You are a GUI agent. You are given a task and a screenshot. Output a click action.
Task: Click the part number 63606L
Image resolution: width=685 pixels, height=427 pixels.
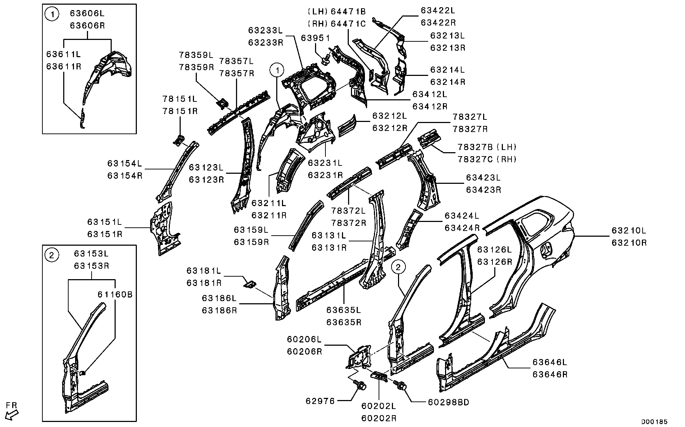pos(87,14)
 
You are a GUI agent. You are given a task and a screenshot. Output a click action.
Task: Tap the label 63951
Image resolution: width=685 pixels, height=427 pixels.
pos(315,38)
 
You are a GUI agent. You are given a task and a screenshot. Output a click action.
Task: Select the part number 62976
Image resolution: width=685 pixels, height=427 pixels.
pos(320,401)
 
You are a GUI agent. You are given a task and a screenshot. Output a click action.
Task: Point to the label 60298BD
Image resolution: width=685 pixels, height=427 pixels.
pos(449,402)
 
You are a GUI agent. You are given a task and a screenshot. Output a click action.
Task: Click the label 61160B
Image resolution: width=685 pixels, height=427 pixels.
pos(115,295)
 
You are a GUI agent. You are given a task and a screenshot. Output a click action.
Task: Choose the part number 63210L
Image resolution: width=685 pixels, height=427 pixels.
pos(629,231)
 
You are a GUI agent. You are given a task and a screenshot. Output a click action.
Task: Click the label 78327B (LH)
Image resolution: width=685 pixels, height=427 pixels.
pos(487,147)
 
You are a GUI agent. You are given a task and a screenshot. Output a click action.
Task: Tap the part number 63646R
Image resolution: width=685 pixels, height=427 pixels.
pos(550,374)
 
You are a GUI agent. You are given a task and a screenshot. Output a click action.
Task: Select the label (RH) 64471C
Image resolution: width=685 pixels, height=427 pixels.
pos(337,24)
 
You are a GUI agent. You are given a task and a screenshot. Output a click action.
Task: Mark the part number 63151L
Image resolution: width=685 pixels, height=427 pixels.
pos(105,222)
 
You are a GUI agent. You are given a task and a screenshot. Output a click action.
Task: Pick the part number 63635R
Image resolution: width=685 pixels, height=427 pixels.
pos(344,322)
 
